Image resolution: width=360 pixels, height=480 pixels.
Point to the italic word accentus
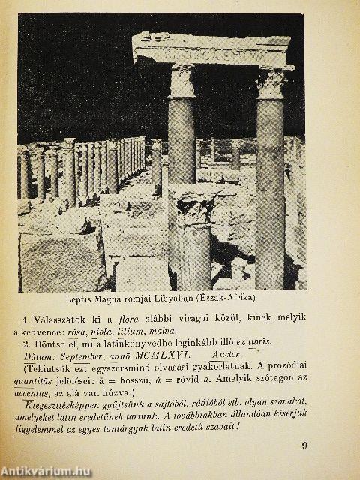pyautogui.click(x=46, y=389)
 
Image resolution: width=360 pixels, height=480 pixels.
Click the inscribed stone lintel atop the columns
pyautogui.click(x=209, y=49)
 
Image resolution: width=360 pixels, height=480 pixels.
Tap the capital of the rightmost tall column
pyautogui.click(x=271, y=82)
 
